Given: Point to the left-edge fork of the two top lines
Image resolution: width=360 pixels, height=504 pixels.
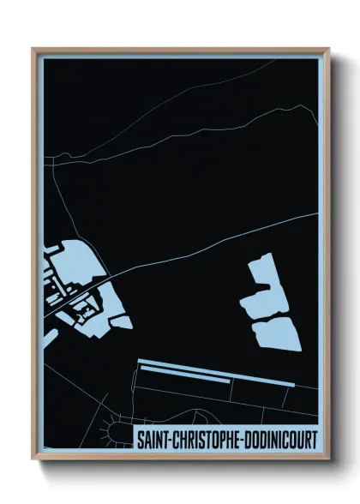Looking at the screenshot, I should pos(50,158).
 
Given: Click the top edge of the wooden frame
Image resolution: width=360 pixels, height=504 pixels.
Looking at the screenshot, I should pos(180,51).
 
